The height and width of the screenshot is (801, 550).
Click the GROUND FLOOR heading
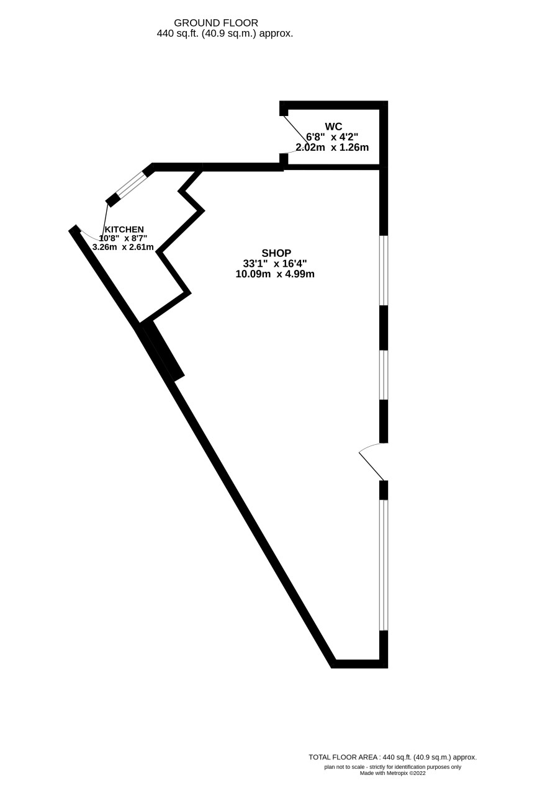[216, 23]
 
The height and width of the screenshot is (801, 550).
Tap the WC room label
[333, 126]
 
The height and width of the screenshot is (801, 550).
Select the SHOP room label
[276, 253]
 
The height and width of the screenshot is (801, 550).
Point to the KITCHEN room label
[124, 229]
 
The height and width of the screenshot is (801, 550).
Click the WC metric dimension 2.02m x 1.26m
[332, 147]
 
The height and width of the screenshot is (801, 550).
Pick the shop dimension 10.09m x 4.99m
[275, 274]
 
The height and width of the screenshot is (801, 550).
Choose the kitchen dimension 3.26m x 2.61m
[123, 247]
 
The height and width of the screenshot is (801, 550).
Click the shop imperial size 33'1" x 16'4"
[275, 264]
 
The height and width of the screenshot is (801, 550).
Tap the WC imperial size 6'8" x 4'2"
[332, 136]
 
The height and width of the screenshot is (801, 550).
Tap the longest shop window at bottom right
[383, 565]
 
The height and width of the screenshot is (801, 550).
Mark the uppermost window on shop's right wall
[383, 271]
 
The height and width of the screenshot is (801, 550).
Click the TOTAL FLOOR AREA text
[392, 758]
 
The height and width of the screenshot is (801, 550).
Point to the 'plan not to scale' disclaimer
[392, 767]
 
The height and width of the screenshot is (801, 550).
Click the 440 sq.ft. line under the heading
[225, 34]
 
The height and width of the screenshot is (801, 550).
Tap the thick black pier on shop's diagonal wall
[163, 351]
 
